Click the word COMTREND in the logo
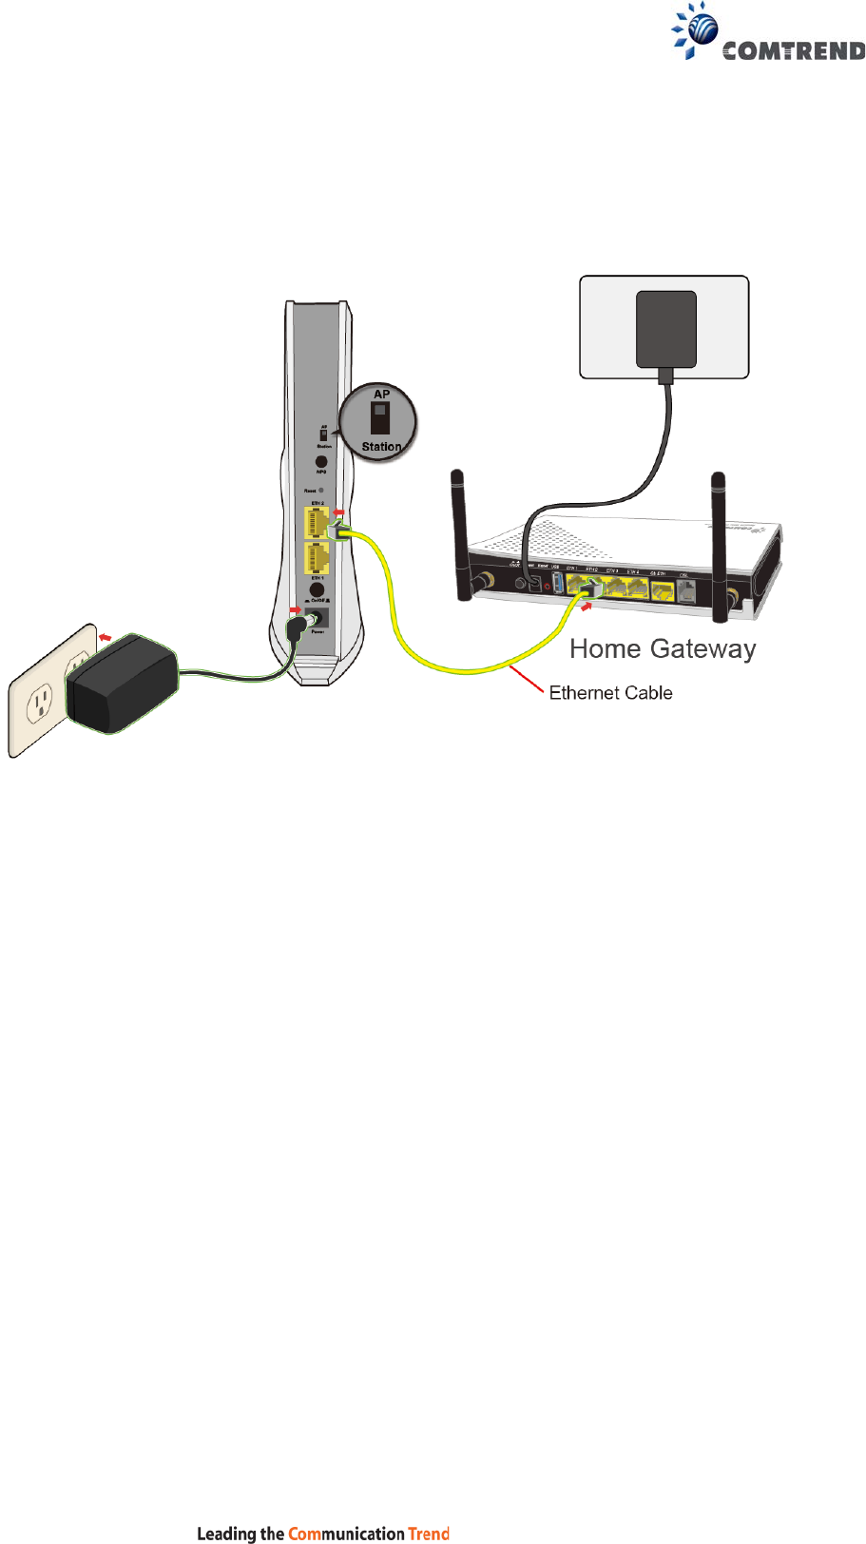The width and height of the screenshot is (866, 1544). tap(793, 51)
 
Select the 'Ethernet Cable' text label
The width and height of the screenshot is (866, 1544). tap(610, 693)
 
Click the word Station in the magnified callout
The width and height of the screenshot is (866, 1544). tap(381, 447)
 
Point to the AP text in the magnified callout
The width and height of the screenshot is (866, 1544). tap(381, 395)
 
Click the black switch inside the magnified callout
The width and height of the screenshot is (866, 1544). tap(380, 419)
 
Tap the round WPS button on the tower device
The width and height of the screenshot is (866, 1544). tap(321, 461)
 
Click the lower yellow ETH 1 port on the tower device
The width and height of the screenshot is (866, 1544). tap(316, 557)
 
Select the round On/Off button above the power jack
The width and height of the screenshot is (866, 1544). tap(317, 590)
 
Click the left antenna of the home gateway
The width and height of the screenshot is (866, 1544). tap(461, 532)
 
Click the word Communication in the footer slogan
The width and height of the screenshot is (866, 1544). tap(346, 1533)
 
